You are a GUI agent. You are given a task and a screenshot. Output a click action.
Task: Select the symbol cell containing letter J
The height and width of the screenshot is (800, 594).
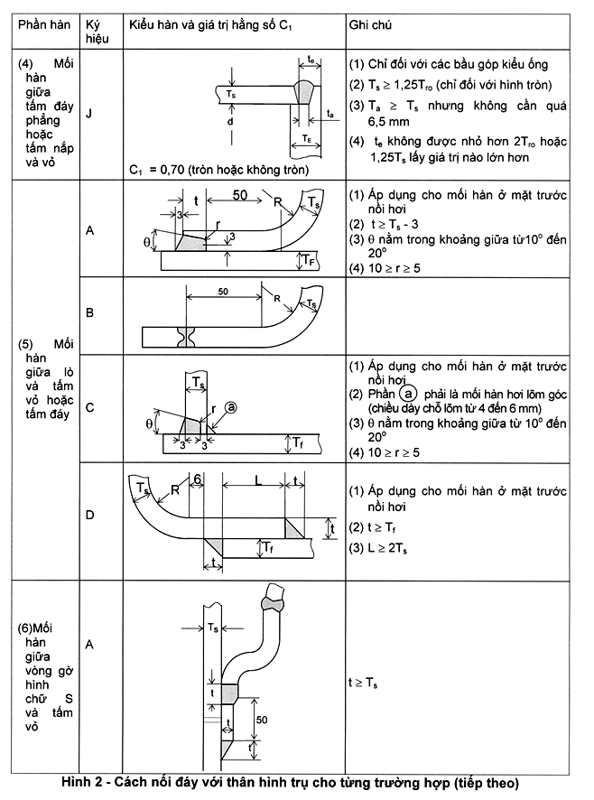pyautogui.click(x=88, y=115)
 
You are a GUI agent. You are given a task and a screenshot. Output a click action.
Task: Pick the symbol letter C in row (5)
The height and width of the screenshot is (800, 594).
pyautogui.click(x=89, y=408)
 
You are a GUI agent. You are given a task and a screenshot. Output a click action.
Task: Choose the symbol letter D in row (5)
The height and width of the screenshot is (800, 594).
pyautogui.click(x=89, y=516)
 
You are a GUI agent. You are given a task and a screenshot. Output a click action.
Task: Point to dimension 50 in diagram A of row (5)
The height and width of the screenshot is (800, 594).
pyautogui.click(x=240, y=196)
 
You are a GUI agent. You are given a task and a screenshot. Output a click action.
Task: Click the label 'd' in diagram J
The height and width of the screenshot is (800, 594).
pyautogui.click(x=232, y=119)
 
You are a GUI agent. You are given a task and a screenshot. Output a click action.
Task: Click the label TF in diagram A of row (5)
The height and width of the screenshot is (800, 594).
pyautogui.click(x=309, y=261)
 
